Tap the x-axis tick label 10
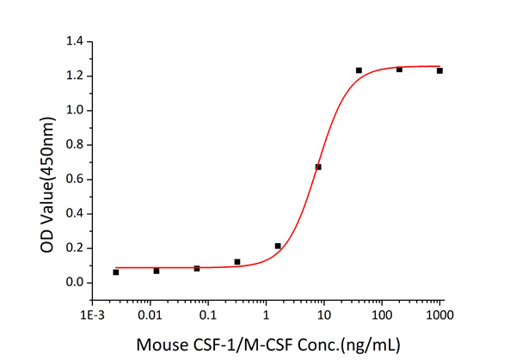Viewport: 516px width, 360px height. tap(323, 315)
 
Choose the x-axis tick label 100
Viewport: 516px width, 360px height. tap(381, 315)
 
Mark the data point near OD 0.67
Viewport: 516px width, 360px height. tap(318, 167)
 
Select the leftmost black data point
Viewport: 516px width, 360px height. tap(116, 272)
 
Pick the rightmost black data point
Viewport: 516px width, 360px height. tap(439, 70)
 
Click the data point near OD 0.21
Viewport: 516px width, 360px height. tap(278, 246)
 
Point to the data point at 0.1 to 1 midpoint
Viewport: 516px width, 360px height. tap(237, 262)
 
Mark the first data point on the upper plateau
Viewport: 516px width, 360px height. tap(359, 70)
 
